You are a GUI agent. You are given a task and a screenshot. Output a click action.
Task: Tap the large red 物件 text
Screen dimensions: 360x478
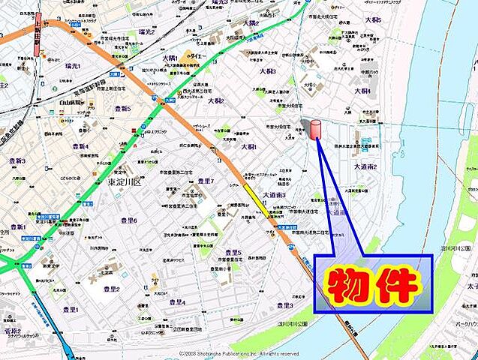coord(373,283)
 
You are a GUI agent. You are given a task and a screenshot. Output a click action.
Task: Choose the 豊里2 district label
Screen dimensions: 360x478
coord(112,289)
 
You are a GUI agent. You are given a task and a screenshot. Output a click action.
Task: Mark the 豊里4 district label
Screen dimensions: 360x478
coord(177,302)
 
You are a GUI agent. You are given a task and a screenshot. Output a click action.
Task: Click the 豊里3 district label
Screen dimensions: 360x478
coord(284,305)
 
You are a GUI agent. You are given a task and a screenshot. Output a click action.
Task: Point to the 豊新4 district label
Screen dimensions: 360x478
coord(80,147)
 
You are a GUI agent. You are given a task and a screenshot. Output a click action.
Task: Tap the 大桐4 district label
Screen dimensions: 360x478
coord(362,91)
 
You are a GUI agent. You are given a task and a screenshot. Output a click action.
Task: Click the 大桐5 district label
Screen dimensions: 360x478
coord(373,20)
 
